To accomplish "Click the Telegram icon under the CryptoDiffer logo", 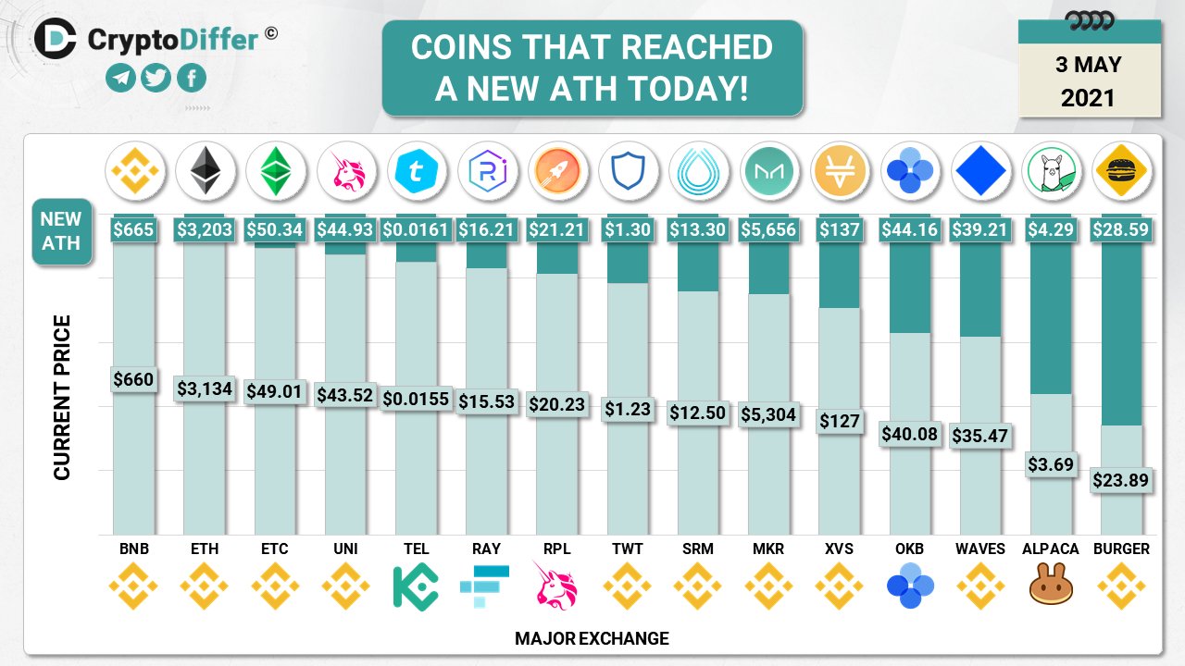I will tap(119, 79).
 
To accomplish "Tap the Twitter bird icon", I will tap(156, 79).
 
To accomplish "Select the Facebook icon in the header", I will tap(192, 79).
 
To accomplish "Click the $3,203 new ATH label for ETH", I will tap(205, 228).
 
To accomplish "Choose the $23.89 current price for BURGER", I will tap(1121, 480).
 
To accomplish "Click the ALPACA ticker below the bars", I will tap(1051, 549).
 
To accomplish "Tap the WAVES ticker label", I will tap(980, 549).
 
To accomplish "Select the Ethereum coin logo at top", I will tap(205, 170).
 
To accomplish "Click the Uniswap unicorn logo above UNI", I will tap(345, 170).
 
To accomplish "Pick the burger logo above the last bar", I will tap(1121, 170).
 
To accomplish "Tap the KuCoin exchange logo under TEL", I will tap(416, 586).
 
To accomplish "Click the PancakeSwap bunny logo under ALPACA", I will tap(1051, 586).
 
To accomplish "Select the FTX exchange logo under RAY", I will tap(486, 586).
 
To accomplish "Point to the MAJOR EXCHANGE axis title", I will tap(592, 638).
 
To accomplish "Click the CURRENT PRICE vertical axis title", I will tap(62, 398).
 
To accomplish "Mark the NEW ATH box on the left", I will tap(61, 231).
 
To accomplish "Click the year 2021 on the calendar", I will tap(1089, 97).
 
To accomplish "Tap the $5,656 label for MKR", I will tap(768, 228).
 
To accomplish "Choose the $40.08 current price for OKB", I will tap(909, 434).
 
